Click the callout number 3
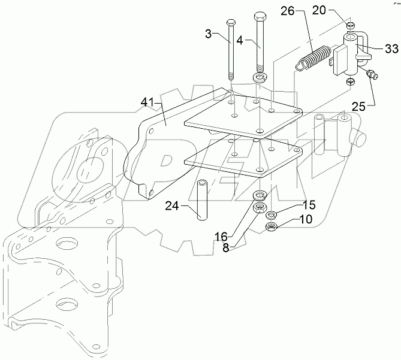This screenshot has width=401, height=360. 209,34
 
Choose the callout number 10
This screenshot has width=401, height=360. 305,220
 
